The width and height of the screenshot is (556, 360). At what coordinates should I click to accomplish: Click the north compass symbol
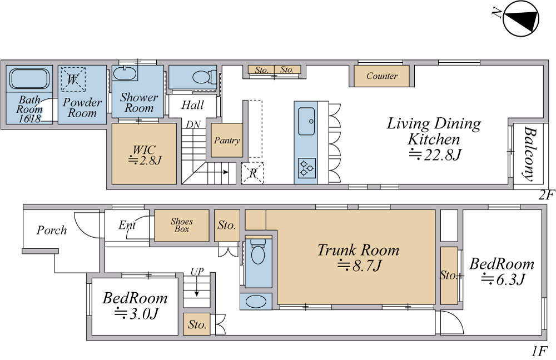click(x=520, y=18)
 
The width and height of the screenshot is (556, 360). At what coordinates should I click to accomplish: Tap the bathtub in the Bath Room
click(x=29, y=78)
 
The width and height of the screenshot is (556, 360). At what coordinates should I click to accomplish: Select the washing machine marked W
click(x=73, y=79)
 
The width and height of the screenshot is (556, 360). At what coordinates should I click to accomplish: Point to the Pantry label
click(x=227, y=141)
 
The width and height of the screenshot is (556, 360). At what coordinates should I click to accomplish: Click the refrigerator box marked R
click(x=252, y=173)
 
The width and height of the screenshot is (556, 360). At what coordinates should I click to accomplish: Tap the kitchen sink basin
click(x=306, y=121)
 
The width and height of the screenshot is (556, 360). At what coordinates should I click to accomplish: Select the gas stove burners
click(x=306, y=168)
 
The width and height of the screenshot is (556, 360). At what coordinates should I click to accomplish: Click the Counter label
click(x=382, y=76)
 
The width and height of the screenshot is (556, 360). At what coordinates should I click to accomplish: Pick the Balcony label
click(x=530, y=154)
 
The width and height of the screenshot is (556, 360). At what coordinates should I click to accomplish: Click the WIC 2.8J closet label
click(x=145, y=155)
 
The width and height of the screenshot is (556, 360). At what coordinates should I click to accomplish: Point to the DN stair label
click(x=193, y=125)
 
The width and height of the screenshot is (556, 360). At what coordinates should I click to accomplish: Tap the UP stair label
click(x=197, y=272)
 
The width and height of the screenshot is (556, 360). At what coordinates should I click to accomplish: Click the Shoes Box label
click(x=182, y=226)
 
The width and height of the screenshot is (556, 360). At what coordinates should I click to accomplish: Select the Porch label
click(x=52, y=231)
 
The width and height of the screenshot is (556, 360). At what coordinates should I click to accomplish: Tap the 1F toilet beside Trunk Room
click(x=258, y=251)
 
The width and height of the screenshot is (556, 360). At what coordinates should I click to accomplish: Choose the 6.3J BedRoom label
click(x=502, y=272)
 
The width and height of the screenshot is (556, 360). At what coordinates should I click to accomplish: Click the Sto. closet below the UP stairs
click(x=197, y=324)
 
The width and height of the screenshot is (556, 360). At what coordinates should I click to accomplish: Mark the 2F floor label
click(x=546, y=195)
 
